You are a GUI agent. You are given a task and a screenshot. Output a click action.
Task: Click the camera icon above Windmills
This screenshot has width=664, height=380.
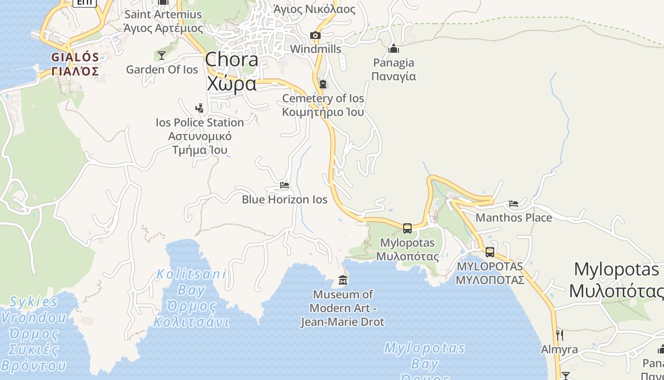click(x=315, y=36)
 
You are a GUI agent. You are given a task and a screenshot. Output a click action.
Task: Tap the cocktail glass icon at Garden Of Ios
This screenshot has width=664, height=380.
click(x=162, y=56)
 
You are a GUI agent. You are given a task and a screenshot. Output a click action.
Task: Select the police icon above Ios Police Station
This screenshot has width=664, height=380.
click(x=199, y=108)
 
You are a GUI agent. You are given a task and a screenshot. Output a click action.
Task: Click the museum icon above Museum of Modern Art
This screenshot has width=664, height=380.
click(x=343, y=280)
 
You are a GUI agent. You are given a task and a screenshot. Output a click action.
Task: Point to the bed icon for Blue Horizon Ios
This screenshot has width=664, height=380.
click(x=285, y=185)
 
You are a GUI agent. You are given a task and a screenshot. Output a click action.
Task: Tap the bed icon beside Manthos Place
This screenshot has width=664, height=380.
click(x=513, y=204)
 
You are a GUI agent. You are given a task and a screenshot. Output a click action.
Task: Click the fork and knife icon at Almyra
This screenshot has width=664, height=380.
click(x=559, y=335)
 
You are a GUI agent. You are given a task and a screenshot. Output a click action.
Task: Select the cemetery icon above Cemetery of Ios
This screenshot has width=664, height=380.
click(x=323, y=85)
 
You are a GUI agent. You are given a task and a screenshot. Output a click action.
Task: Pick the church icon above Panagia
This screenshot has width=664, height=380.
click(x=394, y=48)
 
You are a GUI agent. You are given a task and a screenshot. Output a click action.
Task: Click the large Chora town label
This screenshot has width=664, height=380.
click(x=232, y=71)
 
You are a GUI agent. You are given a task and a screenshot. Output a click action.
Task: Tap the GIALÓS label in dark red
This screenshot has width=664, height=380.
click(x=75, y=64)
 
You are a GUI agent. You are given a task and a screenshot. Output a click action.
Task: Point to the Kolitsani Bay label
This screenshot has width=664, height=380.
click(x=192, y=298)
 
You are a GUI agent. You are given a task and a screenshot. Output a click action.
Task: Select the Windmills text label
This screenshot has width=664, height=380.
click(x=315, y=49)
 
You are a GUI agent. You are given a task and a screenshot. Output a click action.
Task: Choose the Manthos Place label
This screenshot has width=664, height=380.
click(x=514, y=218)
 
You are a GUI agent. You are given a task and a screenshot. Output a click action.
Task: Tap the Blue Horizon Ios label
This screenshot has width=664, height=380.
click(x=285, y=199)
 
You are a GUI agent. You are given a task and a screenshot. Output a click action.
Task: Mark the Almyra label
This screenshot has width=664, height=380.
click(x=560, y=350)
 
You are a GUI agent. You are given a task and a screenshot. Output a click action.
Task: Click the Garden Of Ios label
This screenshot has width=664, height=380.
click(x=162, y=70)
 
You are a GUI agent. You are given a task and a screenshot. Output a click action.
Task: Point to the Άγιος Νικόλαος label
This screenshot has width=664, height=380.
click(x=314, y=9)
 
